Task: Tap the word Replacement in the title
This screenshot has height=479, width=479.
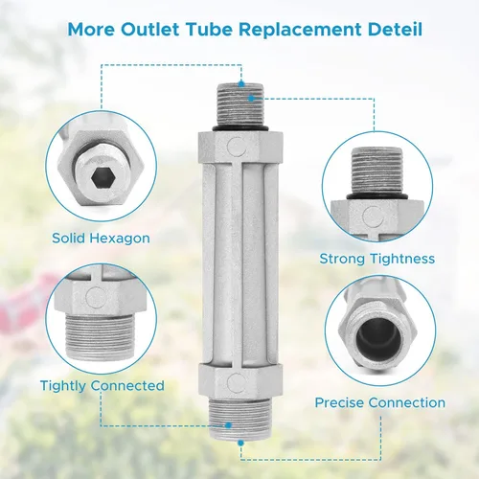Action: pyautogui.click(x=301, y=30)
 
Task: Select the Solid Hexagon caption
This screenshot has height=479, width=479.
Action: pyautogui.click(x=101, y=239)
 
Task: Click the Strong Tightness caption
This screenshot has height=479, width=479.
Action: pyautogui.click(x=377, y=259)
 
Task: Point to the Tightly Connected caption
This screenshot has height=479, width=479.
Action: pyautogui.click(x=103, y=386)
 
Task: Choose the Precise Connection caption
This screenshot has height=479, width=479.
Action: pyautogui.click(x=380, y=402)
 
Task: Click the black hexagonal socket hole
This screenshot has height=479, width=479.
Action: pyautogui.click(x=102, y=178)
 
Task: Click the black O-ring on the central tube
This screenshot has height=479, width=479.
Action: pyautogui.click(x=240, y=128)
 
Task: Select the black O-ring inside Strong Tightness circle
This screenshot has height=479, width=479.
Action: pyautogui.click(x=377, y=195)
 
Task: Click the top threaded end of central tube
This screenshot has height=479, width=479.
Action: pyautogui.click(x=240, y=104)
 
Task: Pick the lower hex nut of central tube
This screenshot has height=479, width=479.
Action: pyautogui.click(x=240, y=381)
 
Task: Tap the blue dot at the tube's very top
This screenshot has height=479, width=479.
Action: pyautogui.click(x=241, y=84)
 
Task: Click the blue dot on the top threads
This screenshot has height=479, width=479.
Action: pyautogui.click(x=252, y=99)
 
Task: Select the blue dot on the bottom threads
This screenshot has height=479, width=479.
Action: pyautogui.click(x=228, y=425)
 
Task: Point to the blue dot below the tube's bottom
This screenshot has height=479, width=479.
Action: pyautogui.click(x=240, y=443)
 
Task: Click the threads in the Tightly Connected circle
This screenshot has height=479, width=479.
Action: pyautogui.click(x=100, y=335)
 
